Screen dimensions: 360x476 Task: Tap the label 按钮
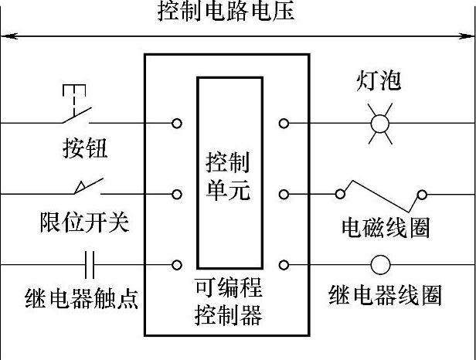point(85,148)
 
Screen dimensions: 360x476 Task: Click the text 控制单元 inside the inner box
point(228,176)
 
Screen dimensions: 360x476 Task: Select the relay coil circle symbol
point(380,265)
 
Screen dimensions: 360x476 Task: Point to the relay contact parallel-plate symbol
point(89,265)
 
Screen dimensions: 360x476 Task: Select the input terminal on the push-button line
point(177,124)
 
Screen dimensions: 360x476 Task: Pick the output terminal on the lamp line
point(284,124)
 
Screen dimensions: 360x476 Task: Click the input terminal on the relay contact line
point(177,265)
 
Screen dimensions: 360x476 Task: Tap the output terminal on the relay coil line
point(284,265)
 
